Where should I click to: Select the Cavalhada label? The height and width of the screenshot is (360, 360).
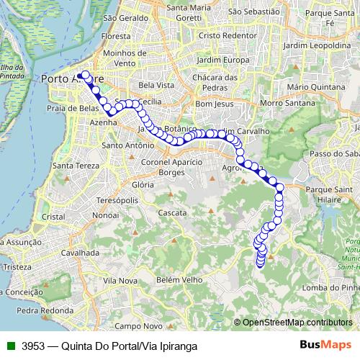79,253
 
